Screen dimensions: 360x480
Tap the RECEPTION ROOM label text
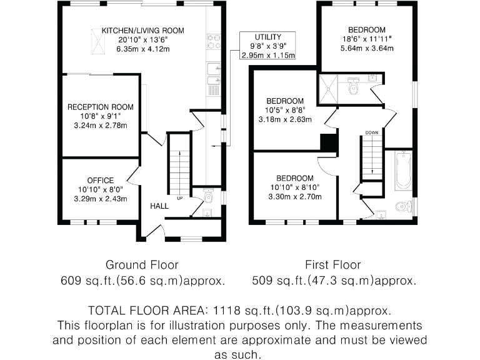[101, 107]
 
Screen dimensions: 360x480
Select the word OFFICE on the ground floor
[101, 181]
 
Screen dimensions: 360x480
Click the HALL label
[159, 206]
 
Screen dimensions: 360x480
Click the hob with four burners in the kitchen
[212, 41]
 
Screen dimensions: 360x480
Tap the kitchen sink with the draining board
[213, 77]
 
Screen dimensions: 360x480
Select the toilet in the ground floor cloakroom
[208, 197]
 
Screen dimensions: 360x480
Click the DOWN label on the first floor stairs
[372, 132]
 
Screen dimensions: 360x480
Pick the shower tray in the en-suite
[328, 89]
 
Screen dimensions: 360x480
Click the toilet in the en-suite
[353, 87]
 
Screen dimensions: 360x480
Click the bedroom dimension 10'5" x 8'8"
[285, 111]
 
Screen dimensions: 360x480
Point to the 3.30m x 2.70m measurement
[296, 196]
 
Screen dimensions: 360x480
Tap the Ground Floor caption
[142, 264]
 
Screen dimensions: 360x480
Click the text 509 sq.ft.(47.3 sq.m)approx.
[334, 281]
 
